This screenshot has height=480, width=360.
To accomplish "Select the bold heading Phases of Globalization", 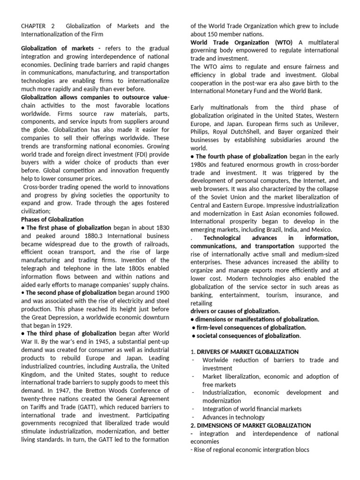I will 52,219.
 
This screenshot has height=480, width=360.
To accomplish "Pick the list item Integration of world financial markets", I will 252,409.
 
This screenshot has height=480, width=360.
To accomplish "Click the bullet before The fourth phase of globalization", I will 192,157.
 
